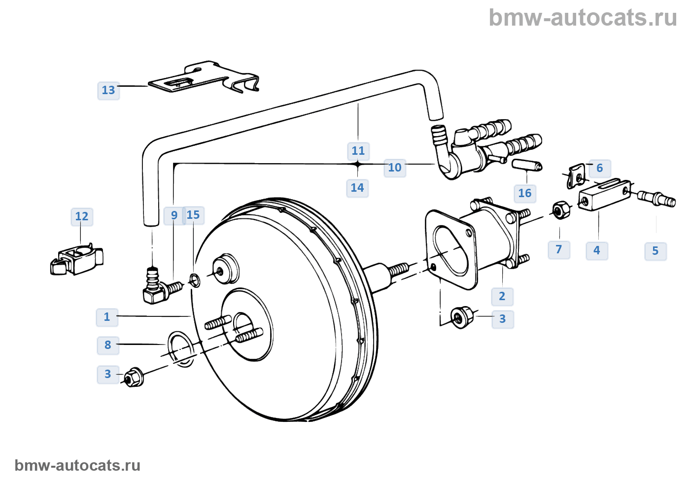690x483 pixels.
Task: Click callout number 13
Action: (x=108, y=90)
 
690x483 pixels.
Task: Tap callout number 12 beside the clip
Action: (x=82, y=216)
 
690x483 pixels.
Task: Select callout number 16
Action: (x=525, y=193)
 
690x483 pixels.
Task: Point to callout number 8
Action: (x=108, y=345)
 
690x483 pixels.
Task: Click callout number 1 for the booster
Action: (x=107, y=317)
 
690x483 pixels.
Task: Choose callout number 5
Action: (x=655, y=251)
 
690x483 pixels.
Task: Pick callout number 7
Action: (x=559, y=249)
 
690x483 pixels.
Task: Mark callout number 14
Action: (x=357, y=188)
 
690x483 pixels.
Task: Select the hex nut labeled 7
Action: (x=560, y=210)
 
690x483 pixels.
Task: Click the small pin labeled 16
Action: (x=527, y=165)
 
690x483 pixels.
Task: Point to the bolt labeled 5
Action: (x=657, y=198)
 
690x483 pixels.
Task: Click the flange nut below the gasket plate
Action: (x=462, y=317)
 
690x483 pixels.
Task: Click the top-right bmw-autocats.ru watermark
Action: (x=583, y=18)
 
